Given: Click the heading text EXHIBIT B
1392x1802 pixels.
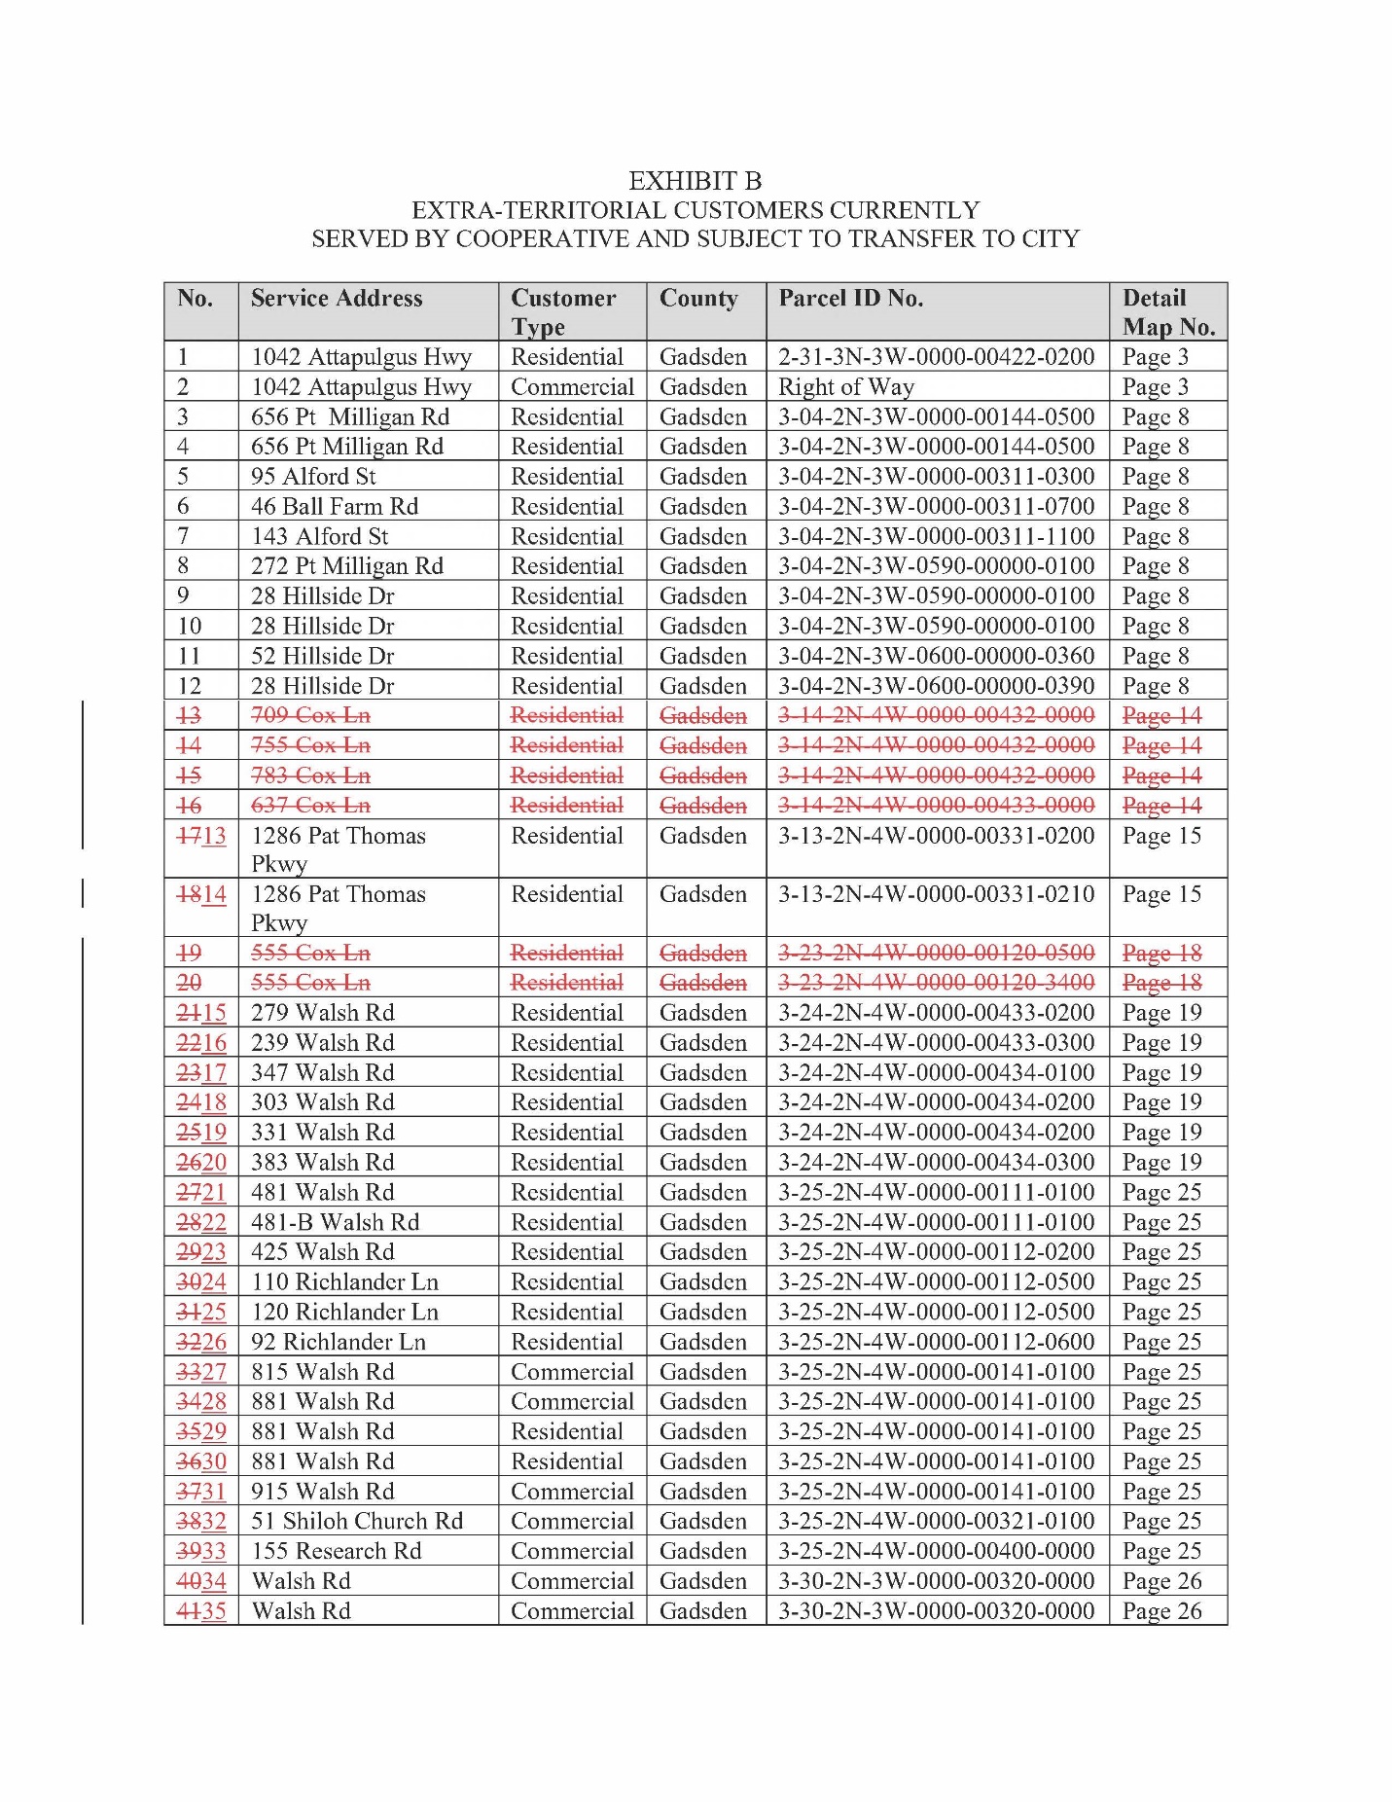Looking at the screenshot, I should coord(695,181).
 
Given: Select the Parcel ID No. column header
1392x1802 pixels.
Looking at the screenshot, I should coord(850,299).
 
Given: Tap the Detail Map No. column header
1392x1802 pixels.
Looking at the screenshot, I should coord(1167,312).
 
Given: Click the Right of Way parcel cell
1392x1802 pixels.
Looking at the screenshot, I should coord(846,387).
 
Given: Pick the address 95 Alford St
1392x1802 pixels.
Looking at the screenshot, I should coord(313,477).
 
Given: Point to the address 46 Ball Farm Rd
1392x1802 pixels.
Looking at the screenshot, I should coord(335,507).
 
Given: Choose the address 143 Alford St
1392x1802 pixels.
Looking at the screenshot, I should coord(319,537).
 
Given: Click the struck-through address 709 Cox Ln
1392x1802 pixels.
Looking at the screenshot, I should coord(310,715).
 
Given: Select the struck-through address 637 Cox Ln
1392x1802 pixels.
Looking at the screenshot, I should coord(310,806).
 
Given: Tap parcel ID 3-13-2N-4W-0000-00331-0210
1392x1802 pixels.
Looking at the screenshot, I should coord(936,894).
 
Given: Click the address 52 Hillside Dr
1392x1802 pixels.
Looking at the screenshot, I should coord(322,657).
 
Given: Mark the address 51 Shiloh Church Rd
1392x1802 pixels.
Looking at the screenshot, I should coord(357,1522).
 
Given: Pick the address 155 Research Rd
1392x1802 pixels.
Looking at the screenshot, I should coord(337,1552).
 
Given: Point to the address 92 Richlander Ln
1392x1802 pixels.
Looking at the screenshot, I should coord(339,1343).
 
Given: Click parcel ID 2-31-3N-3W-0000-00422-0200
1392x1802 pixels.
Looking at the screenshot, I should coord(936,357).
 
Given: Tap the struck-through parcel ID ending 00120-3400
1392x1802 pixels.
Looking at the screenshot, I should coord(936,983).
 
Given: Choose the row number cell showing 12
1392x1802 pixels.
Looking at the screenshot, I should coord(190,687).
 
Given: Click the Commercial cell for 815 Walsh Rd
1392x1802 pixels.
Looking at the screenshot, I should coord(572,1373).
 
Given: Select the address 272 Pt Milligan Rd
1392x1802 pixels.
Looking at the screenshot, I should coord(346,566).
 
